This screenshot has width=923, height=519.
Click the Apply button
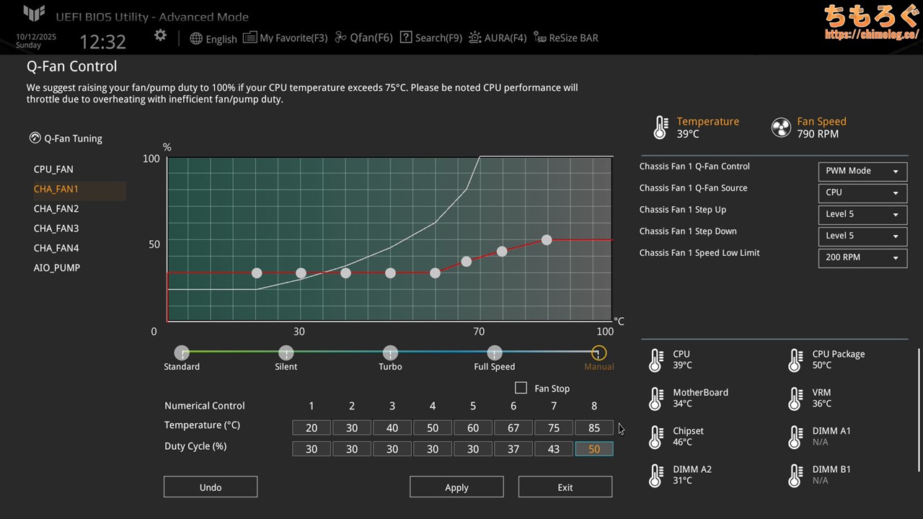point(456,487)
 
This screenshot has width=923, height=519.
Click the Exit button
point(565,487)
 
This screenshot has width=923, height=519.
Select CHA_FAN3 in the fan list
point(56,229)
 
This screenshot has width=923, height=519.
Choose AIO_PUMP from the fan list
point(57,267)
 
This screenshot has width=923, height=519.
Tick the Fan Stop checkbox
point(521,388)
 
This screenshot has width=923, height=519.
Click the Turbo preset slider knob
point(390,353)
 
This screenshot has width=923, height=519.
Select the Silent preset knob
point(286,353)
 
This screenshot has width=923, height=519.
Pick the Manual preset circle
point(599,353)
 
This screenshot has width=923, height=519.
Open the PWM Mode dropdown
point(862,171)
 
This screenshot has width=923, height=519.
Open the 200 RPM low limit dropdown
point(862,257)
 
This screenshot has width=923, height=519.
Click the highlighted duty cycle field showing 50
point(594,448)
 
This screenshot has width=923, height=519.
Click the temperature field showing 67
point(513,427)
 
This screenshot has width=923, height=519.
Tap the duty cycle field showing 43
point(554,448)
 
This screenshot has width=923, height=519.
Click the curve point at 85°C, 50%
point(547,240)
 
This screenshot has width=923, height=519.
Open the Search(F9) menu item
point(431,37)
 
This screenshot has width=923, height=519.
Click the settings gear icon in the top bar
point(160,35)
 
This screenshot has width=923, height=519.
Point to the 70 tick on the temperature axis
point(479,332)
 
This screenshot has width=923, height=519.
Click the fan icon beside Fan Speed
point(781,128)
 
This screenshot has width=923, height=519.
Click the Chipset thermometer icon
point(655,437)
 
